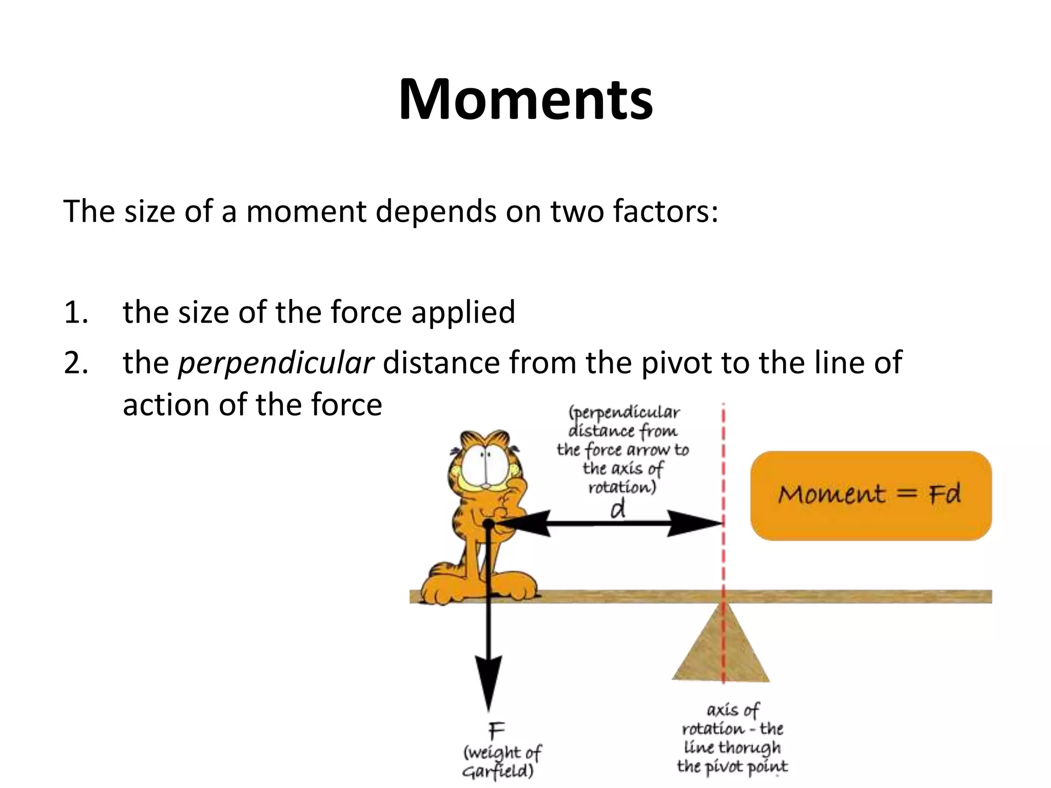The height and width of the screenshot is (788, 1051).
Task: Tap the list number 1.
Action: pyautogui.click(x=75, y=312)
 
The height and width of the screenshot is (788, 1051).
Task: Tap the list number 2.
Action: pyautogui.click(x=75, y=363)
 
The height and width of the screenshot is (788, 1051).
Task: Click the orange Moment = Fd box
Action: pyautogui.click(x=870, y=496)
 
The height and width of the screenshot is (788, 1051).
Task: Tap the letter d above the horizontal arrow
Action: pyautogui.click(x=618, y=509)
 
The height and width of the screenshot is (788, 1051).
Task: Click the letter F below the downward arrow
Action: pyautogui.click(x=496, y=730)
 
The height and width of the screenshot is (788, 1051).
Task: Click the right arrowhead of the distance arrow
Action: pyautogui.click(x=698, y=523)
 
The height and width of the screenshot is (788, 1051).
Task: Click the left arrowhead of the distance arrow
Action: pyautogui.click(x=523, y=523)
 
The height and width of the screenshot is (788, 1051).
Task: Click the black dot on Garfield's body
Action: pyautogui.click(x=489, y=524)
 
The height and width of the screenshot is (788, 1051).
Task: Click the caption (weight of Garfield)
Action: pyautogui.click(x=501, y=761)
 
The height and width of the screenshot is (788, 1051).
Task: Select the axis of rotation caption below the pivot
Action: pyautogui.click(x=732, y=739)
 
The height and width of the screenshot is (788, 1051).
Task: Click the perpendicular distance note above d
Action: pyautogui.click(x=623, y=450)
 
